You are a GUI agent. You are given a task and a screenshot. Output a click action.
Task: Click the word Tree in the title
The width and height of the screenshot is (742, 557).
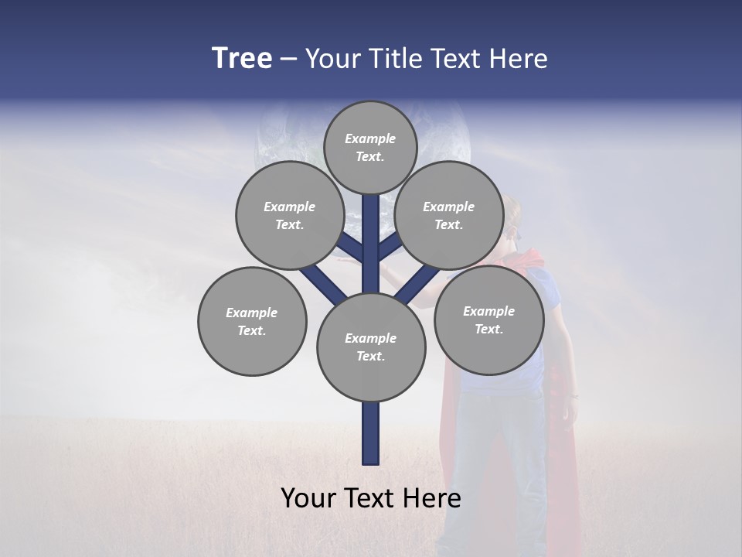(x=242, y=59)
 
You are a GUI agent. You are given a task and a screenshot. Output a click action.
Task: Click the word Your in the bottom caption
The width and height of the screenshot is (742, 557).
(x=308, y=498)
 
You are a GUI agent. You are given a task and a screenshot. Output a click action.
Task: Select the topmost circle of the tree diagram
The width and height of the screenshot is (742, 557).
(x=370, y=147)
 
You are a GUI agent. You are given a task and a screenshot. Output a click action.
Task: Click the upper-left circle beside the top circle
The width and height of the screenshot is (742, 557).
(x=290, y=215)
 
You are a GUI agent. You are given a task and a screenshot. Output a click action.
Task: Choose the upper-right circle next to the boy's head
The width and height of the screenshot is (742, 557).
(x=449, y=215)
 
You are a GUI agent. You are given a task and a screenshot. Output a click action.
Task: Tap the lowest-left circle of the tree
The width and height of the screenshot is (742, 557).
(x=252, y=321)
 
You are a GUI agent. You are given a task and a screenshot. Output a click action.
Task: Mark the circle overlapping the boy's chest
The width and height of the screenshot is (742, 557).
(x=488, y=320)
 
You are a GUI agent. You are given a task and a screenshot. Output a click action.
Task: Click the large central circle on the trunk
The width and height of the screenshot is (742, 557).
(x=371, y=347)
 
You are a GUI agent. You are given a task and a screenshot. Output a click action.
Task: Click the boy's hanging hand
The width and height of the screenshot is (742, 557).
(x=572, y=410)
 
